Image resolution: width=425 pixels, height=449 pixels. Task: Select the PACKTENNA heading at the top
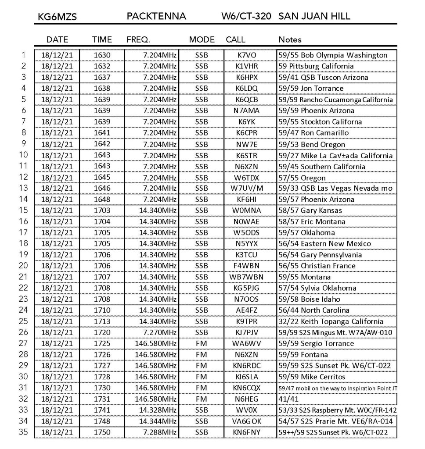[x=156, y=17]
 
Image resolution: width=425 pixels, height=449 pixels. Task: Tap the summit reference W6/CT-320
[x=248, y=17]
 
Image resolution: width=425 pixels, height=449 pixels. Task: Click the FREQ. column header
[x=138, y=40]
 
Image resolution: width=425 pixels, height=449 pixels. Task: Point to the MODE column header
[x=202, y=40]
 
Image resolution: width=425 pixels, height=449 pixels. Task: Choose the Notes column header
[x=290, y=40]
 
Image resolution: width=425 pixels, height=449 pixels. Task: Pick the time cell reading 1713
[x=102, y=321]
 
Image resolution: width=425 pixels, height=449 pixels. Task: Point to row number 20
[x=24, y=266]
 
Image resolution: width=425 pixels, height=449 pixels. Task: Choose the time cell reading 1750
[x=102, y=432]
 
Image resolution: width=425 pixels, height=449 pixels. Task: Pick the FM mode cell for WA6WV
[x=202, y=343]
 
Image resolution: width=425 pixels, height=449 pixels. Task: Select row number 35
[x=24, y=432]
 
